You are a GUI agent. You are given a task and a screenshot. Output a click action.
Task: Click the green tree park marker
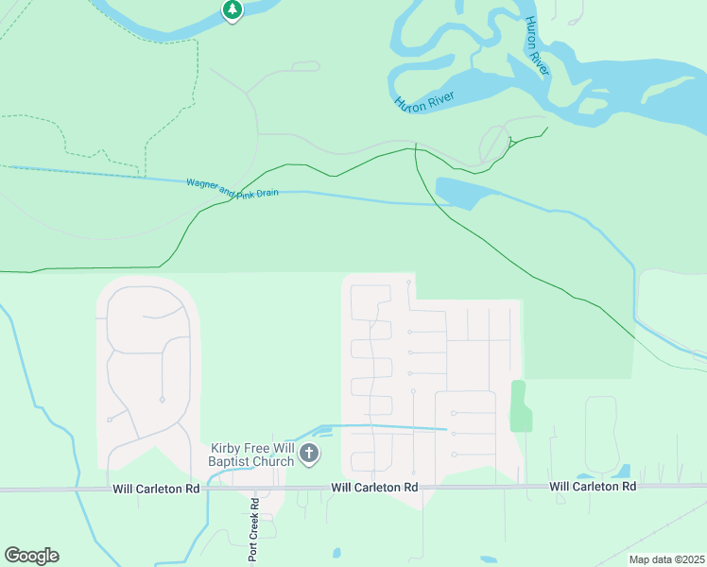[233, 10]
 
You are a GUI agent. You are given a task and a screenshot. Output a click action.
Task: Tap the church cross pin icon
[308, 455]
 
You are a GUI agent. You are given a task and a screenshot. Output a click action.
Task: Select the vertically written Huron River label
[538, 46]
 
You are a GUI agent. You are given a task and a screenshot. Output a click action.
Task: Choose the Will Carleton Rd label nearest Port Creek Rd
[156, 489]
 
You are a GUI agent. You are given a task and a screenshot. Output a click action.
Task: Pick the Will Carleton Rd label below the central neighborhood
[374, 487]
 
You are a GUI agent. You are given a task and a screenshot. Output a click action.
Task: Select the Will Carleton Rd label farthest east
[593, 486]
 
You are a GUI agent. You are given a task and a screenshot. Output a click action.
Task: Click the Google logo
[31, 556]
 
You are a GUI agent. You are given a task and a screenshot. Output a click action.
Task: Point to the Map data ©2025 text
[666, 559]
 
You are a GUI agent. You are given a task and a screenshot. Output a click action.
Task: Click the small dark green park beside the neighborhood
[519, 405]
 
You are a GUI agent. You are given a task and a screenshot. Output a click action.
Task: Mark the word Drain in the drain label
[265, 193]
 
